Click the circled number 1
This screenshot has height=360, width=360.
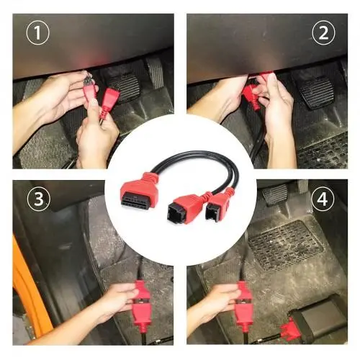37,33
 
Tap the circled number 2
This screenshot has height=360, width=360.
323,33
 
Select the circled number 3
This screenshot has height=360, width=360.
39,199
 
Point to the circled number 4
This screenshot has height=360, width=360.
323,199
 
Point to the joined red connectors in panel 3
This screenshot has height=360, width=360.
142,303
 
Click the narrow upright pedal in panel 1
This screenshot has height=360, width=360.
155,71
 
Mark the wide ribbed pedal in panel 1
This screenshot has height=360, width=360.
124,85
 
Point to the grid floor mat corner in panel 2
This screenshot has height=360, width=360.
323,151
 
